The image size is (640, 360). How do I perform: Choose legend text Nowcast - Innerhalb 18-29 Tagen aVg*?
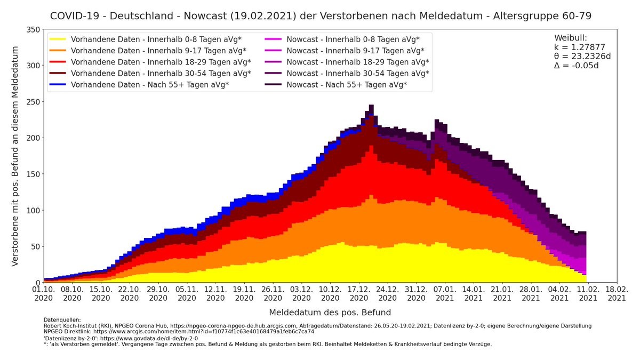357,62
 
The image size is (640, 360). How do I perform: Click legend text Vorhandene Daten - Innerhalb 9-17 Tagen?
158,51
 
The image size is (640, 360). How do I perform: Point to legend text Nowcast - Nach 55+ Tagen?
347,85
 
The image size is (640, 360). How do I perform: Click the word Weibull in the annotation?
571,38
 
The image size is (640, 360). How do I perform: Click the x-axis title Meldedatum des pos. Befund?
330,313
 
